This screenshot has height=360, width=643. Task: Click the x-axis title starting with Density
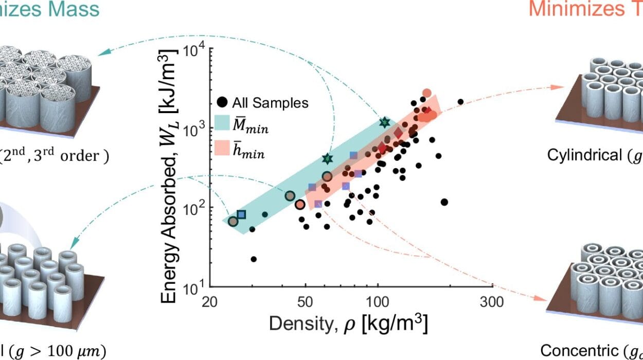pyautogui.click(x=348, y=325)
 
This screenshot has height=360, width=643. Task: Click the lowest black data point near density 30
pyautogui.click(x=253, y=259)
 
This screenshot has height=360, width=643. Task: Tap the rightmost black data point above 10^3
pyautogui.click(x=460, y=102)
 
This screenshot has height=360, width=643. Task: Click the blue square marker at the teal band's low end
pyautogui.click(x=241, y=214)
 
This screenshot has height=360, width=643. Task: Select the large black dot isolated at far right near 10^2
pyautogui.click(x=444, y=202)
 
